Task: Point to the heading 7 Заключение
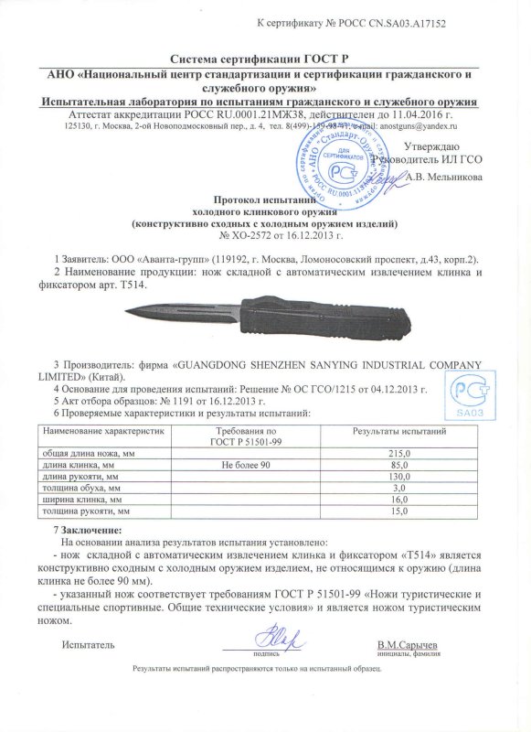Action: pyautogui.click(x=95, y=531)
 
